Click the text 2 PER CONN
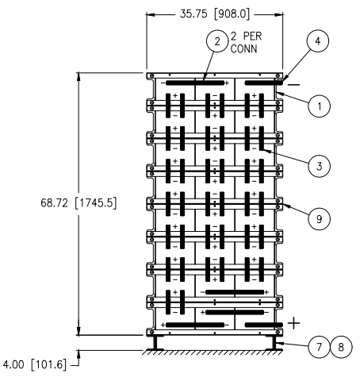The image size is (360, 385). point(246,41)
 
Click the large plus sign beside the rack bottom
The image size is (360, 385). point(294,322)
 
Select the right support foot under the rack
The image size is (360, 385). point(274,343)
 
